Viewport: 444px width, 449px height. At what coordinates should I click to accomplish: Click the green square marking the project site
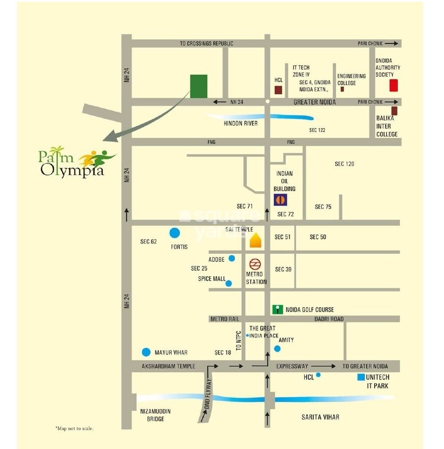click(198, 86)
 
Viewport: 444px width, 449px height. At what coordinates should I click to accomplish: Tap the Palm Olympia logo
click(75, 163)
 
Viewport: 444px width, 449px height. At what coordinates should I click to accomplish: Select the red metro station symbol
click(255, 265)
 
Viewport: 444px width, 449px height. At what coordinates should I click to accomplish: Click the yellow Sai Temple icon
click(255, 241)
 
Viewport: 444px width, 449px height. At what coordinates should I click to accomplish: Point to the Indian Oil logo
click(280, 200)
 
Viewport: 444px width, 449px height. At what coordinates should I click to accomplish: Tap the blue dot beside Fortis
click(175, 233)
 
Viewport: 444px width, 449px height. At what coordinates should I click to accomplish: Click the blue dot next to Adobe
click(231, 258)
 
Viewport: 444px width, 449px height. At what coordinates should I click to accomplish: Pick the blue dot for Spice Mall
click(229, 283)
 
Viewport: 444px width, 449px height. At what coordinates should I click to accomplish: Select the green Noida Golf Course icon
click(277, 309)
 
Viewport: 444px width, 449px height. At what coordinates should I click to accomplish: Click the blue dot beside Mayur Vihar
click(146, 352)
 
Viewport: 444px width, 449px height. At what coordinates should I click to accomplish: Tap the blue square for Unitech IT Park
click(361, 377)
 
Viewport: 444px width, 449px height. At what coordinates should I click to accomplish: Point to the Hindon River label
click(241, 123)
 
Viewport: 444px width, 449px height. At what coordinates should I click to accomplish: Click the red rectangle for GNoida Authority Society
click(393, 85)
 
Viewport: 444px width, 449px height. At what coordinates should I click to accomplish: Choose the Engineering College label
click(351, 80)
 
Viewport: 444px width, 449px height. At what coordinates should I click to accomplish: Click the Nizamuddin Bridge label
click(155, 415)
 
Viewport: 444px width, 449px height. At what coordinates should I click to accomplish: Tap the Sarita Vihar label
click(320, 417)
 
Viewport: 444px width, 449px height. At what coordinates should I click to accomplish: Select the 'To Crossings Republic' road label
click(206, 44)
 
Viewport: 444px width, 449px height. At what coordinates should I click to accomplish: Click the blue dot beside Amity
click(277, 349)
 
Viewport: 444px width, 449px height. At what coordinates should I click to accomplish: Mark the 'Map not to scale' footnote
click(75, 429)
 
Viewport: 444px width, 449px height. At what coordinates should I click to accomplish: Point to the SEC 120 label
click(345, 164)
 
